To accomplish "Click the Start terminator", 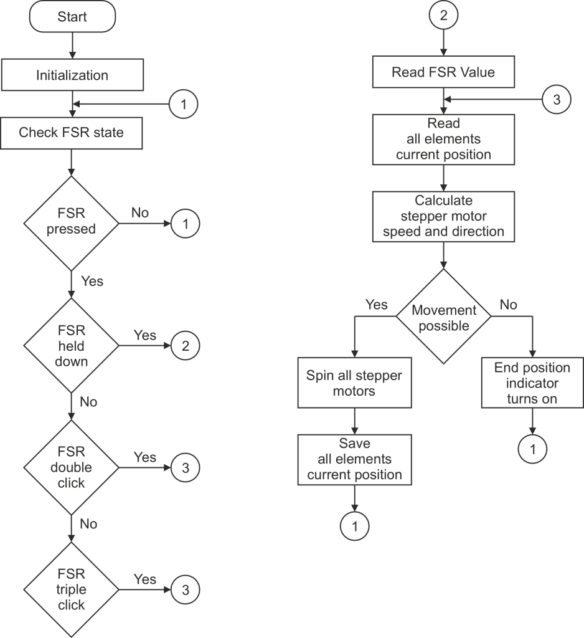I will click(x=72, y=17).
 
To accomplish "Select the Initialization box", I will click(x=72, y=75).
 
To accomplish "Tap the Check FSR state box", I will click(x=72, y=133).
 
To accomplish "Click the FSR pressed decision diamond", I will click(x=72, y=222).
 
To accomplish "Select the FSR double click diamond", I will click(x=72, y=467).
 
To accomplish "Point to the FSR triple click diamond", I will click(x=72, y=589).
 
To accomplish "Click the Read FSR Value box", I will click(x=443, y=72).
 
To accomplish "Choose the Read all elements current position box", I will click(x=443, y=140).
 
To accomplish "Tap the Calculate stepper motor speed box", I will click(x=443, y=216).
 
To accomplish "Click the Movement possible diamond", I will click(x=443, y=317).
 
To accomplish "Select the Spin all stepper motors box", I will click(x=354, y=383).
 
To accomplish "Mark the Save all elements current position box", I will click(x=354, y=460).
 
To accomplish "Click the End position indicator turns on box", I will click(x=532, y=383).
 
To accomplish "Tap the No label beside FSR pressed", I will click(x=140, y=213).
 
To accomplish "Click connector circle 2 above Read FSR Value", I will click(x=443, y=16).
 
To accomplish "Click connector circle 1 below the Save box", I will click(x=354, y=526).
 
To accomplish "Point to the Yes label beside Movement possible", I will click(x=376, y=305).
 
